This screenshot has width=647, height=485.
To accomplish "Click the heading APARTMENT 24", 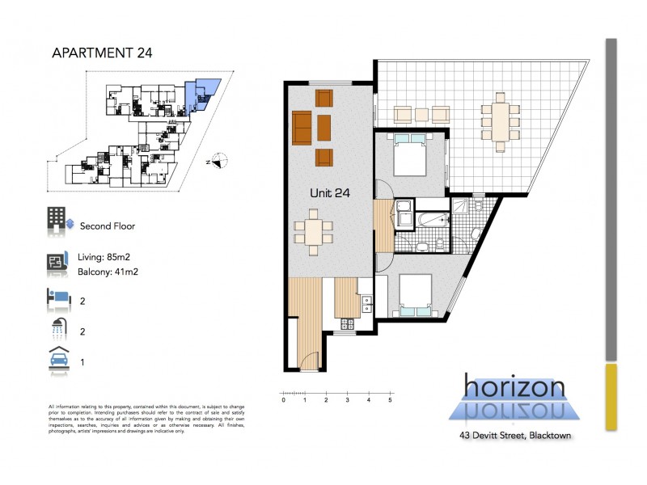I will point(102,53).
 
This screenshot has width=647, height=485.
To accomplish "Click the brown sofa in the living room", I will point(302,127).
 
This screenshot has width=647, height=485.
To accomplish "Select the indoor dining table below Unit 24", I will point(312,233).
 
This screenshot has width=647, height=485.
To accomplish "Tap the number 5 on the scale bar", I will point(391,399).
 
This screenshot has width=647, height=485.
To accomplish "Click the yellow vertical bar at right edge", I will point(611,397).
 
